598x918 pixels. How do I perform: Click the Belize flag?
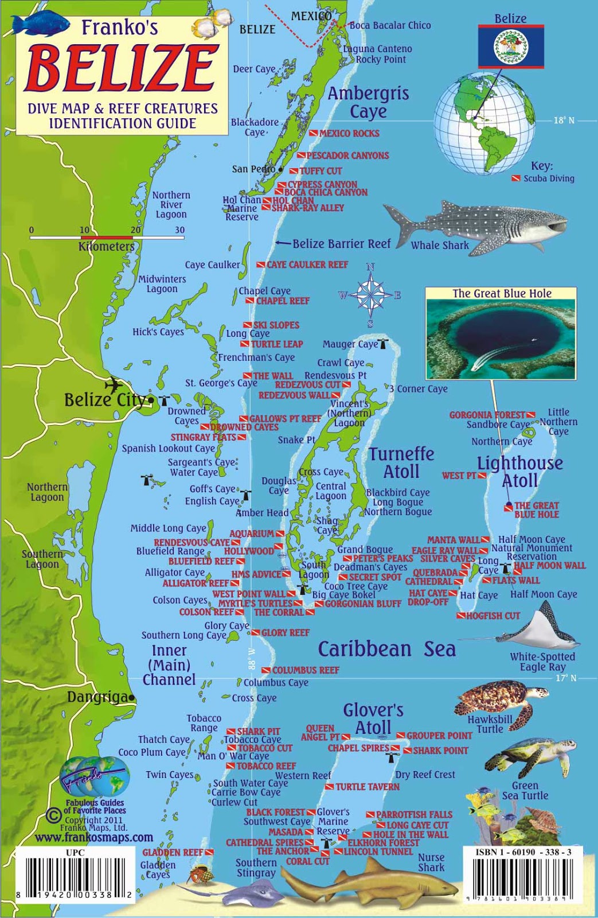(510, 46)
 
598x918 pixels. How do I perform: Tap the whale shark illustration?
(476, 224)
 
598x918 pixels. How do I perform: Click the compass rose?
(371, 295)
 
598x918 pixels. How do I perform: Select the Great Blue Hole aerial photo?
(501, 339)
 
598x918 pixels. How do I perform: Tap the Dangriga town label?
(97, 697)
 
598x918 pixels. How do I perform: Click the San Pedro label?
(253, 169)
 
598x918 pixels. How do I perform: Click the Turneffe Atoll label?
(401, 462)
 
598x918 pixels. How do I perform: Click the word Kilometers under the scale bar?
(106, 247)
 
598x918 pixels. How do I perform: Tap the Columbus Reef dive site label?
(305, 670)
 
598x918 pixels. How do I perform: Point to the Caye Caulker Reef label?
(307, 264)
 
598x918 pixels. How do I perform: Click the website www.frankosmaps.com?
(94, 838)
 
